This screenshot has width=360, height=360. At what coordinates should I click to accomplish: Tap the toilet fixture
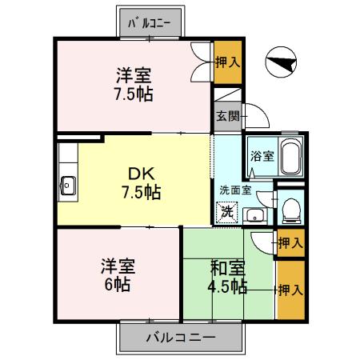tap(291, 211)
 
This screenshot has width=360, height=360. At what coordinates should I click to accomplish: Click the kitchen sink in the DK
tap(67, 186)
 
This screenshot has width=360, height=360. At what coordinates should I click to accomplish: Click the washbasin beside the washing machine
tap(255, 214)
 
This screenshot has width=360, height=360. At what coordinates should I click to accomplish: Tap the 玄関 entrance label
tap(227, 116)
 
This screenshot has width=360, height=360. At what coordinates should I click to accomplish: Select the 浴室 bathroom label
tap(262, 156)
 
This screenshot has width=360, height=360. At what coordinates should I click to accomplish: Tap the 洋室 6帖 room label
tap(117, 274)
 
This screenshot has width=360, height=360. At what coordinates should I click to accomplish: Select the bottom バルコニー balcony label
tap(180, 337)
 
